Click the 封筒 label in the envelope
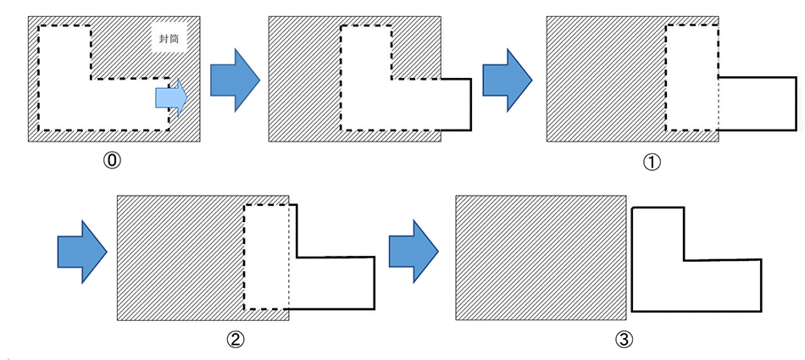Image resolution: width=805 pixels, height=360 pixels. click(168, 39)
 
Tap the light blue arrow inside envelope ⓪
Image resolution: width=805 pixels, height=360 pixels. click(170, 98)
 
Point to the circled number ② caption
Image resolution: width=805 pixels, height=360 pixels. click(236, 340)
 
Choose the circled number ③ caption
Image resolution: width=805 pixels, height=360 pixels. click(625, 340)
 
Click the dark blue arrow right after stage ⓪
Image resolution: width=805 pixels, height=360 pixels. click(233, 79)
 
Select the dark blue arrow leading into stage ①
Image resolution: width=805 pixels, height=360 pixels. click(507, 79)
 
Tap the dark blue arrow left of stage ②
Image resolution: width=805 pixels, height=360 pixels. click(81, 250)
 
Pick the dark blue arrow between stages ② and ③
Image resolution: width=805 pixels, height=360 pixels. click(413, 250)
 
